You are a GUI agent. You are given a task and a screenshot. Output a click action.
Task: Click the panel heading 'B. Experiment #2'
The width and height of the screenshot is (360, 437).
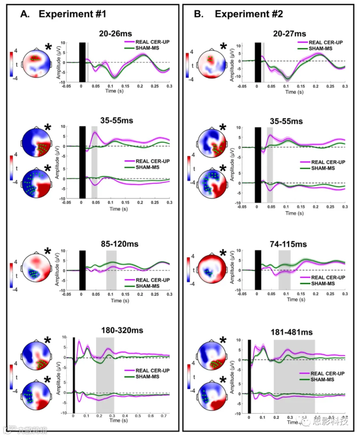239,14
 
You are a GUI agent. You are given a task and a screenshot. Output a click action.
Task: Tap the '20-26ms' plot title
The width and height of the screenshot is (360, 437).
116,34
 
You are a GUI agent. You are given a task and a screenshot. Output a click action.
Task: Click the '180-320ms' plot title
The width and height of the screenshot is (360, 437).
122,330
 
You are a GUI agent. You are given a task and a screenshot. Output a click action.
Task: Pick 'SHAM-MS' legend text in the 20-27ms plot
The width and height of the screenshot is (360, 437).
320,48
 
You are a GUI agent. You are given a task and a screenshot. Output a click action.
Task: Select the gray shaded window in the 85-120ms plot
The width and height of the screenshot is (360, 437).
111,270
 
